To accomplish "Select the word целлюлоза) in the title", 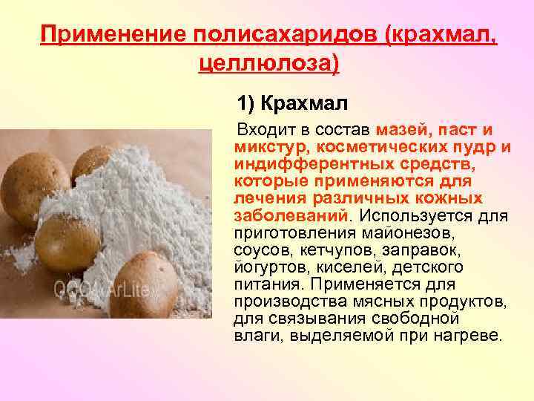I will (x=269, y=62).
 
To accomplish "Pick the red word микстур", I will (x=265, y=146).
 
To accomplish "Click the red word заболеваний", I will (x=289, y=215).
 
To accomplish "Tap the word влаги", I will (x=251, y=335).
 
